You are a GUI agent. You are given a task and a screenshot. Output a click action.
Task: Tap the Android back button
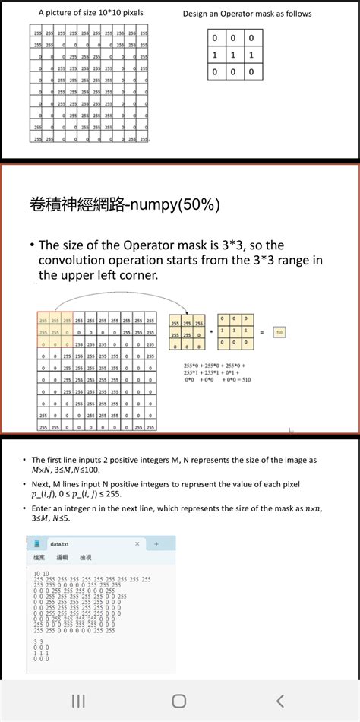(280, 700)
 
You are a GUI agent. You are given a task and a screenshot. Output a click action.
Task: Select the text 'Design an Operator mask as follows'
(247, 14)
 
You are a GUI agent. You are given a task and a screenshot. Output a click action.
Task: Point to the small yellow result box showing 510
(279, 332)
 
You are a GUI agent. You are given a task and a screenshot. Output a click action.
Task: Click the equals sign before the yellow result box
(264, 332)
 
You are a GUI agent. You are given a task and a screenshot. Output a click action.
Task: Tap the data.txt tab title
(59, 544)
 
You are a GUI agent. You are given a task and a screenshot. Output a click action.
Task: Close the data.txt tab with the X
(137, 544)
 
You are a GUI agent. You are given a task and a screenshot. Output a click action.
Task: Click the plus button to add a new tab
(156, 544)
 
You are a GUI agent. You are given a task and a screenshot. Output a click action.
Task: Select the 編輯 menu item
(62, 558)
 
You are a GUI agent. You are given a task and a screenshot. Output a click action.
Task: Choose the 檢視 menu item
(85, 558)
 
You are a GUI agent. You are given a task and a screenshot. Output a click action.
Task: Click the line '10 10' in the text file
(42, 573)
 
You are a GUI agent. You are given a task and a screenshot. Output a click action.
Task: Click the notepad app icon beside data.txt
(37, 544)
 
